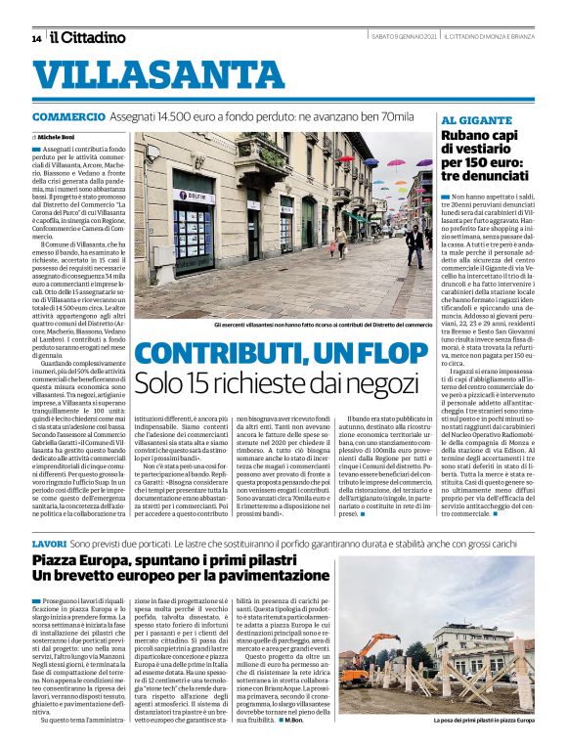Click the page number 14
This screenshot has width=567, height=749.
36,38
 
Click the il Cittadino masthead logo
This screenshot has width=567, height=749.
89,37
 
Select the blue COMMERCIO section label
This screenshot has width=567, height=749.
66,116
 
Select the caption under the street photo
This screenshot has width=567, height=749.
322,324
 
